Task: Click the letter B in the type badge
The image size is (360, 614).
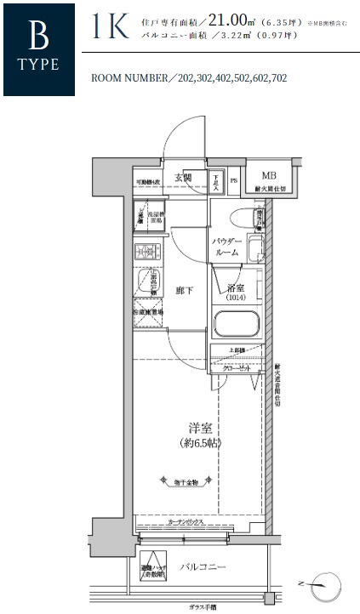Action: [37, 35]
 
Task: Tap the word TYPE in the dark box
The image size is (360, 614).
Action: [37, 65]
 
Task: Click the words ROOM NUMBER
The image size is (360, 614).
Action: [129, 77]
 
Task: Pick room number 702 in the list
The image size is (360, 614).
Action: [275, 77]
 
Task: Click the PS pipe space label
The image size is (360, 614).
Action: [233, 181]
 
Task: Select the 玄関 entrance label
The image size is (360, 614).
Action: [183, 178]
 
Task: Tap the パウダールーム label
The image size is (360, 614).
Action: [229, 247]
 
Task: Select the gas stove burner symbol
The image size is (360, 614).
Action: [146, 253]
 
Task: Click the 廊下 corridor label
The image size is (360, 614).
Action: [184, 291]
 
